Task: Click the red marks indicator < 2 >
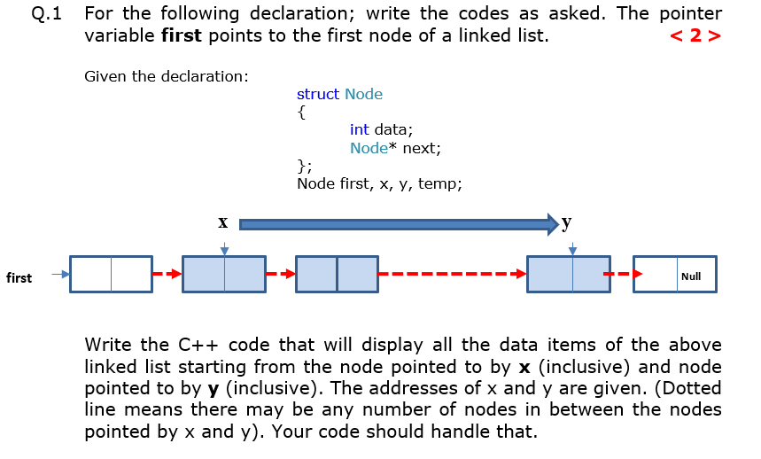695,36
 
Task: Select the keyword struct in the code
318,94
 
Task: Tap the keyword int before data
360,129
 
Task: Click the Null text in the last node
691,276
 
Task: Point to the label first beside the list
19,278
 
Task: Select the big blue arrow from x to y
399,225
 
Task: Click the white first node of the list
111,275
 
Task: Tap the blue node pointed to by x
224,275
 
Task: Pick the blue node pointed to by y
568,275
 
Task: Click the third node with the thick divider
337,275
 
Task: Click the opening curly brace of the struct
302,113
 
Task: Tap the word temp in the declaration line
439,183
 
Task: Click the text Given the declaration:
166,76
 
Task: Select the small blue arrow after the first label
59,274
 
